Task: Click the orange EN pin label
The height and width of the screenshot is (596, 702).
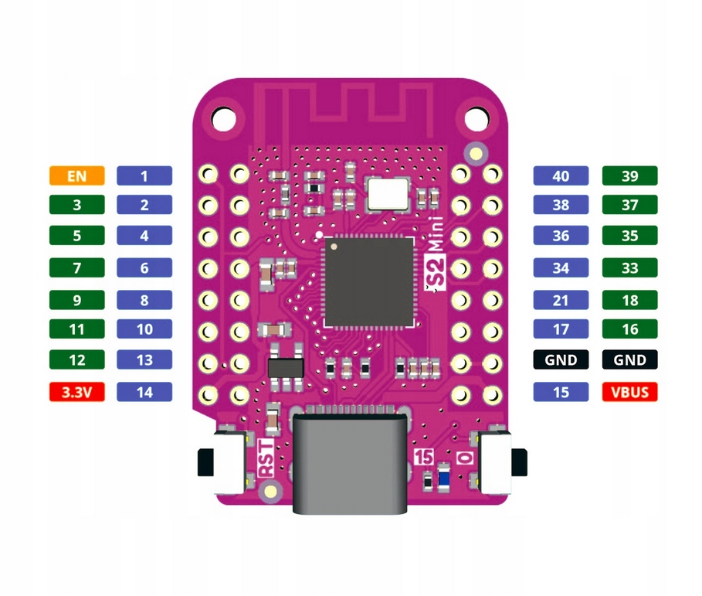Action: [x=76, y=175]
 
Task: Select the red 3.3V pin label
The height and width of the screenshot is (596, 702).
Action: [x=76, y=392]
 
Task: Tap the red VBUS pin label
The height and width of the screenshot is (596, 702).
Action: [x=629, y=392]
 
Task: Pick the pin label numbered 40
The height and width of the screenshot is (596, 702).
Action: [x=561, y=175]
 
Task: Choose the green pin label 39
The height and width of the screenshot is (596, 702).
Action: [x=629, y=175]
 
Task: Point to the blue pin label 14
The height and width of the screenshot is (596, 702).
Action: [x=144, y=392]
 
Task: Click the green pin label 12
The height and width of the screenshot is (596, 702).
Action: [x=76, y=360]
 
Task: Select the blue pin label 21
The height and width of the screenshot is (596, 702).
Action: [x=561, y=299]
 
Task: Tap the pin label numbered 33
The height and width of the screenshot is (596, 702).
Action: [x=629, y=268]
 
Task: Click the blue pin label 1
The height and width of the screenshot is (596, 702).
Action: [x=144, y=175]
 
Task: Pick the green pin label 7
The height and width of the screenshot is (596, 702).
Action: [x=76, y=268]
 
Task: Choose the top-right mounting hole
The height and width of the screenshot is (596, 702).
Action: [x=476, y=118]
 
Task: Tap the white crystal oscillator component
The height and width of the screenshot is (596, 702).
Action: [x=388, y=192]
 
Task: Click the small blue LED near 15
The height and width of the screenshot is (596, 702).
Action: [x=443, y=478]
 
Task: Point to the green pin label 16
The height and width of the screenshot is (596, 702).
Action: [x=629, y=329]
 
